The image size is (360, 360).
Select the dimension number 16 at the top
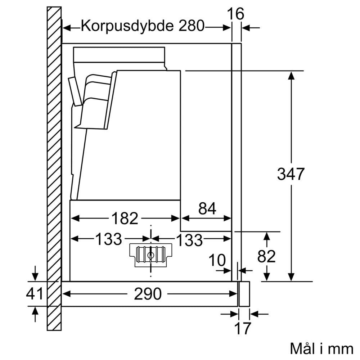pos(236,14)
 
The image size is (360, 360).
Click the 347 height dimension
pos(291,174)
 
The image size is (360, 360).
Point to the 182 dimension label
pos(125,218)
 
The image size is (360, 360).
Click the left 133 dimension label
pos(108,239)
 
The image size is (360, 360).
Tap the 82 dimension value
pos(266,256)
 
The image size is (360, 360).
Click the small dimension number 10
pos(217,260)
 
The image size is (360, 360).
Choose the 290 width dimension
pos(148,294)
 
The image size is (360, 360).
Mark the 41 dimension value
pos(35,294)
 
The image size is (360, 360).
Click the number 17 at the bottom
pos(242,328)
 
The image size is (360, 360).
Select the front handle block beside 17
pos(244,294)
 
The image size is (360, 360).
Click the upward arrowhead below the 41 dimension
pos(35,311)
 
